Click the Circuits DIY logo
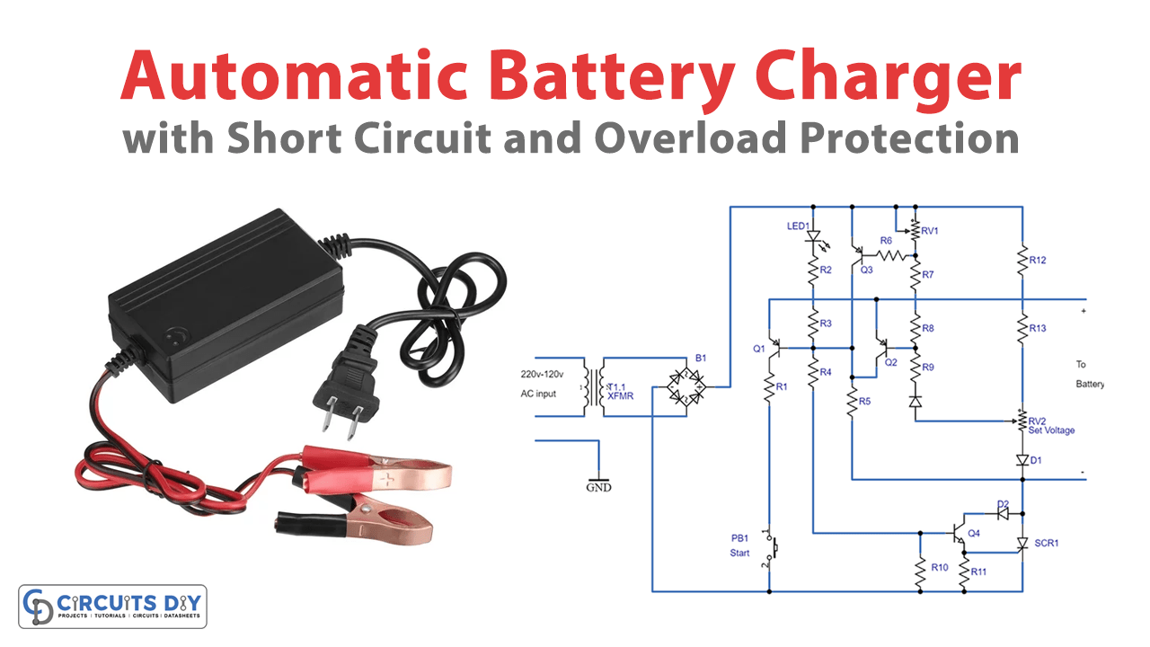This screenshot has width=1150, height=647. pos(112,607)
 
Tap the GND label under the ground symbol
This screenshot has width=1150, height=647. pos(598,488)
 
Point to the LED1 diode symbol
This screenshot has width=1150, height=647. pos(813,238)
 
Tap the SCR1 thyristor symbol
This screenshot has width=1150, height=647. pos(1022,544)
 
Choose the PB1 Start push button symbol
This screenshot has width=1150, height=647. pos(769,546)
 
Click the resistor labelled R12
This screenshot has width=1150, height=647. pos(1022,261)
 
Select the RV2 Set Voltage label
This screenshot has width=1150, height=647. pos(1050,425)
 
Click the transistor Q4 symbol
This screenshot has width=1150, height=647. pos(957,532)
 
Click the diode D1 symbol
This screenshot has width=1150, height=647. pos(1022,459)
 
